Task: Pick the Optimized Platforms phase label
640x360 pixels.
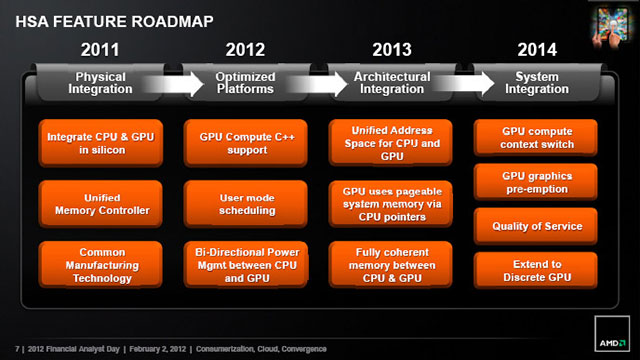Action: click(246, 82)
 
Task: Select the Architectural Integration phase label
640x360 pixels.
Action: click(392, 82)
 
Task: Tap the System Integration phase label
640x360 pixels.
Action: click(537, 82)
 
